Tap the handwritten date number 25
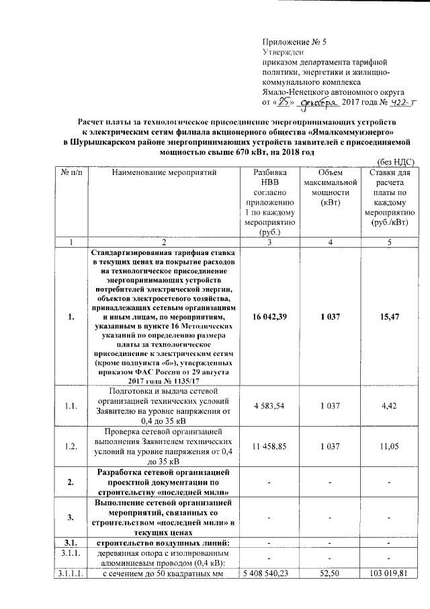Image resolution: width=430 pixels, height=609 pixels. click(286, 102)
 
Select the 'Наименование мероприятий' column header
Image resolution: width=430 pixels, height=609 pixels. click(164, 173)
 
